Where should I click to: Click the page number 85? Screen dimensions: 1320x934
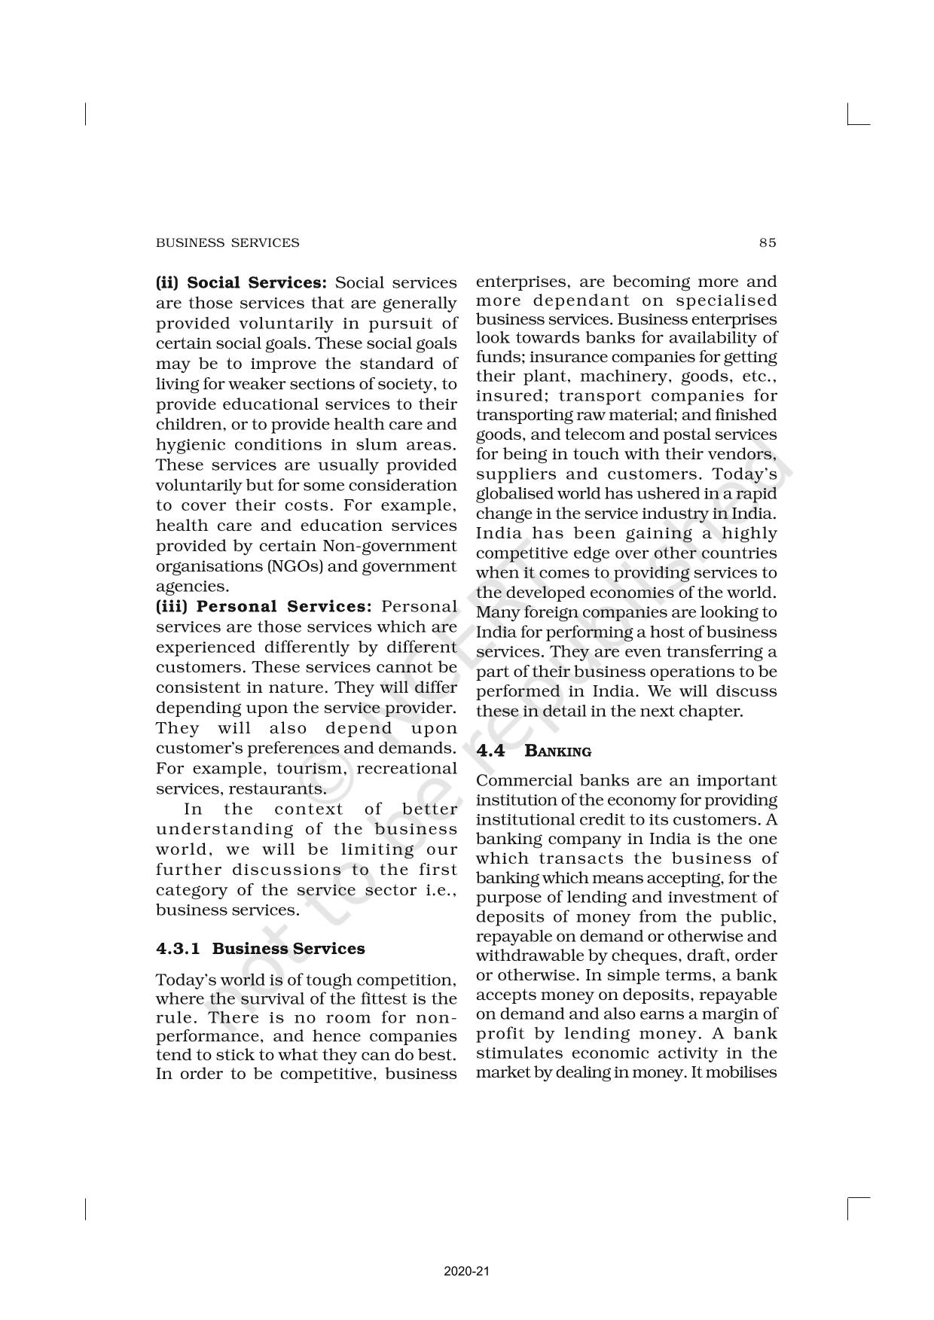[768, 242]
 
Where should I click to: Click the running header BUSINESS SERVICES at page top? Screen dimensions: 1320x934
[227, 242]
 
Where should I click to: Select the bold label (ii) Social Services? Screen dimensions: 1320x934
[242, 283]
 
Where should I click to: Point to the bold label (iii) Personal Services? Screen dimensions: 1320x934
[264, 607]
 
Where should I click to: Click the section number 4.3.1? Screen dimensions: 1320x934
[178, 949]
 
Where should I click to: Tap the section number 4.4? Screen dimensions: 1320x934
[490, 751]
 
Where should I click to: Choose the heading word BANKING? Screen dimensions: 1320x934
[557, 751]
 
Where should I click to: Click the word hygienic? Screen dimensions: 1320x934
[190, 445]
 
